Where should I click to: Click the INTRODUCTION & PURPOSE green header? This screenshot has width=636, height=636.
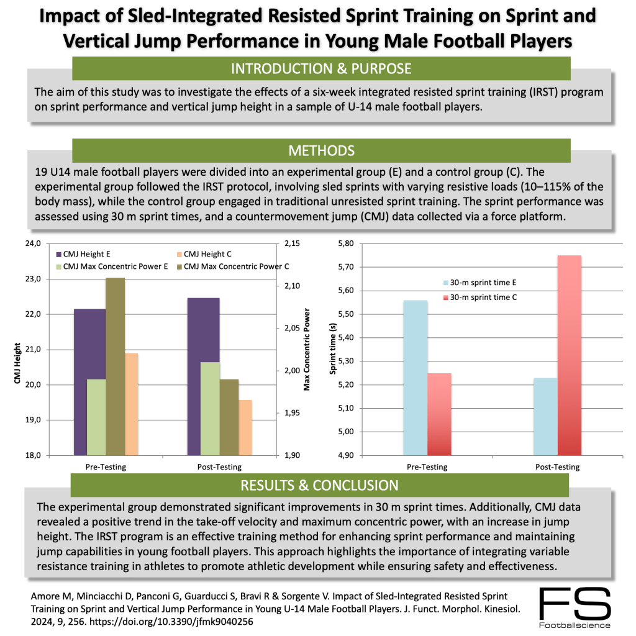point(320,68)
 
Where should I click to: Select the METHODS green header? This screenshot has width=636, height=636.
point(320,151)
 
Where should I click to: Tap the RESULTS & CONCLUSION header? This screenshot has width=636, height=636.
point(320,485)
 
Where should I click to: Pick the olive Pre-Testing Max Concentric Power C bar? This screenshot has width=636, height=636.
point(115,366)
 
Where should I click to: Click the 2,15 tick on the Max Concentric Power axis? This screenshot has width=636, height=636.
point(291,243)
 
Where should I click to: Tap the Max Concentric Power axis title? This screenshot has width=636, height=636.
point(307,349)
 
